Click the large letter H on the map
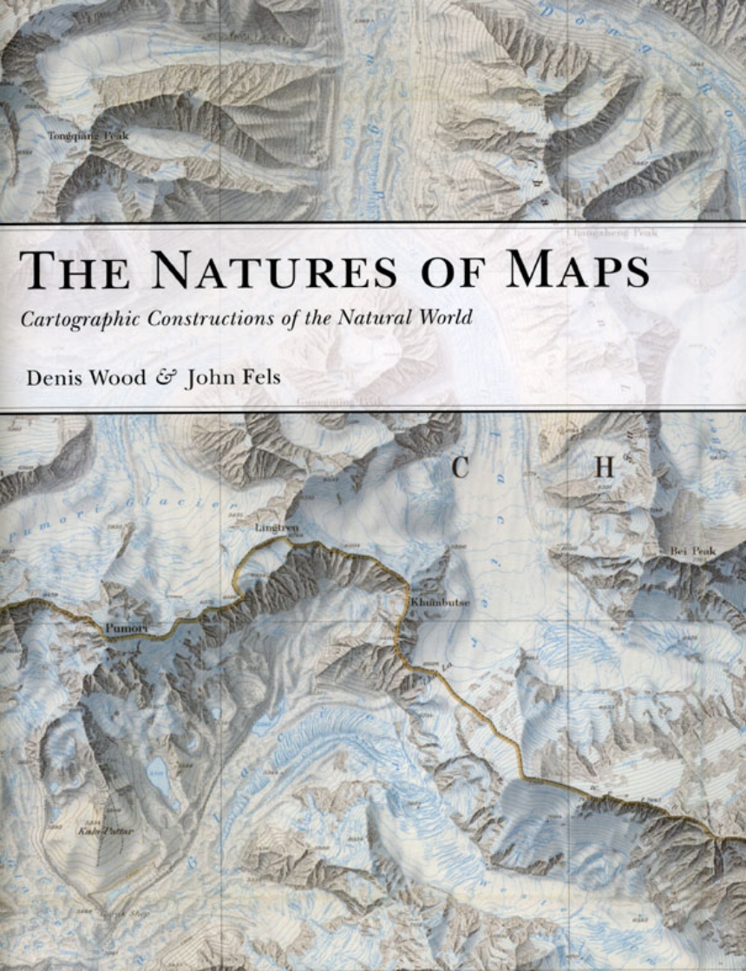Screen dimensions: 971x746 (x=604, y=468)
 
